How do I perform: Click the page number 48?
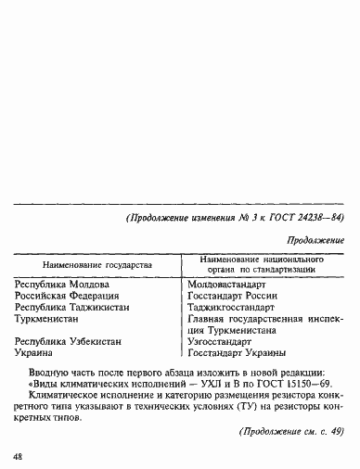pyautogui.click(x=19, y=457)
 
